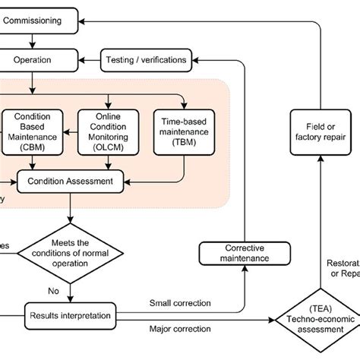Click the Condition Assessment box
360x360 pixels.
(71, 181)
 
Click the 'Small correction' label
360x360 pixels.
(180, 303)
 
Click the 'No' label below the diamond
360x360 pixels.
(53, 289)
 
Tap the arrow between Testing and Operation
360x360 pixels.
(89, 58)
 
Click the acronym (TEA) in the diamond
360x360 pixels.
(311, 310)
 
